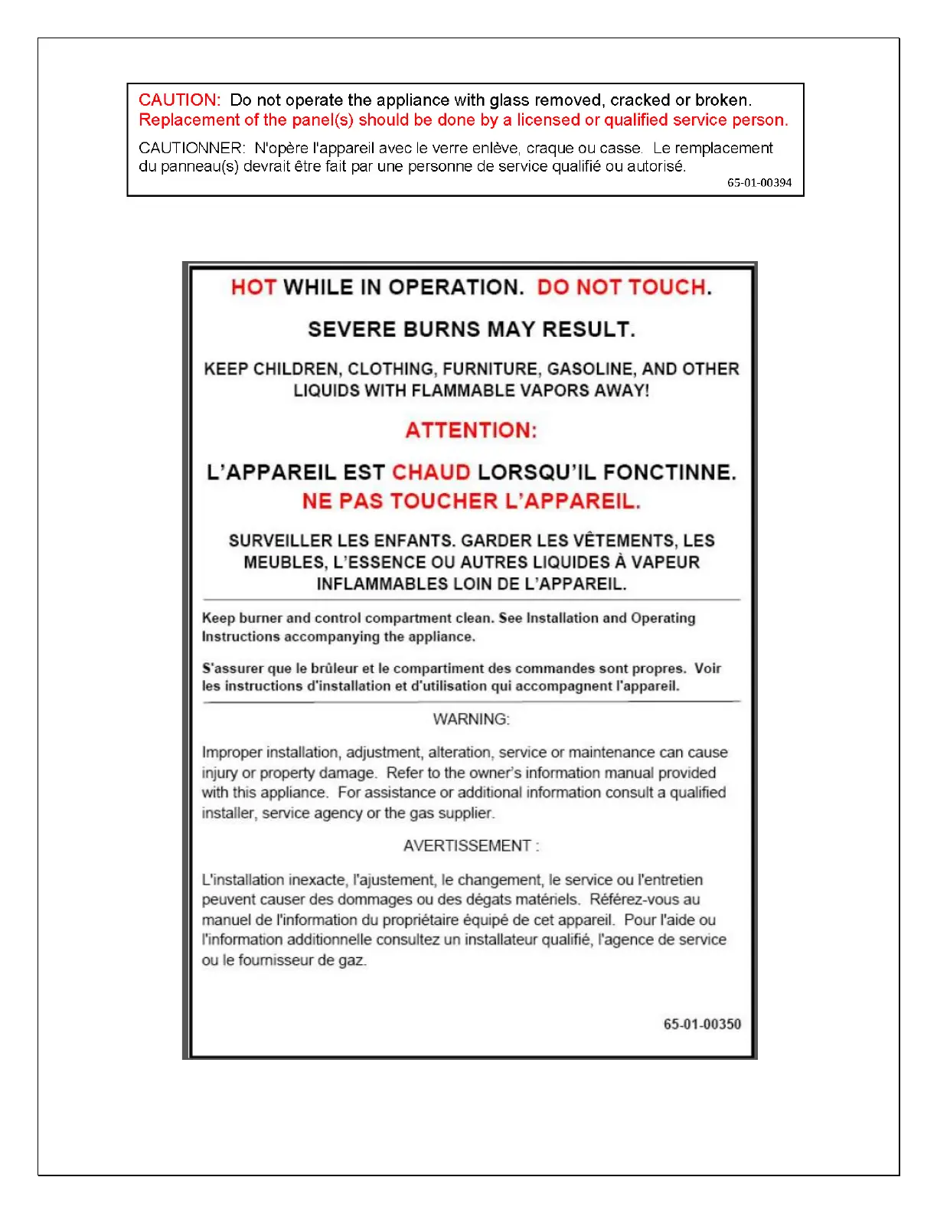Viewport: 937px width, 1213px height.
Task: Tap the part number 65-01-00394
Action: pyautogui.click(x=759, y=183)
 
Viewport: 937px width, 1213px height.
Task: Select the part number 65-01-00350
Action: pyautogui.click(x=702, y=1025)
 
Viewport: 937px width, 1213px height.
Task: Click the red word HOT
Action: pyautogui.click(x=253, y=288)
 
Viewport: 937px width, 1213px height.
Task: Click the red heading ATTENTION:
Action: pyautogui.click(x=471, y=430)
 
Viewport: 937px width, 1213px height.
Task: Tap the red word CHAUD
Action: pyautogui.click(x=431, y=472)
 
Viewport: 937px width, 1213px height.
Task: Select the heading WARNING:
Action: pyautogui.click(x=471, y=719)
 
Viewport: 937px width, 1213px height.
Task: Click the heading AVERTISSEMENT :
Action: pyautogui.click(x=471, y=846)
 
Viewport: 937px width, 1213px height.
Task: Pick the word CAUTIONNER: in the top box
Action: pyautogui.click(x=192, y=148)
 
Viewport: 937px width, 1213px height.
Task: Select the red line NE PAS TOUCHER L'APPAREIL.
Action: pyautogui.click(x=471, y=502)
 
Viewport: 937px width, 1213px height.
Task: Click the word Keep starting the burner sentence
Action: pyautogui.click(x=218, y=618)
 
